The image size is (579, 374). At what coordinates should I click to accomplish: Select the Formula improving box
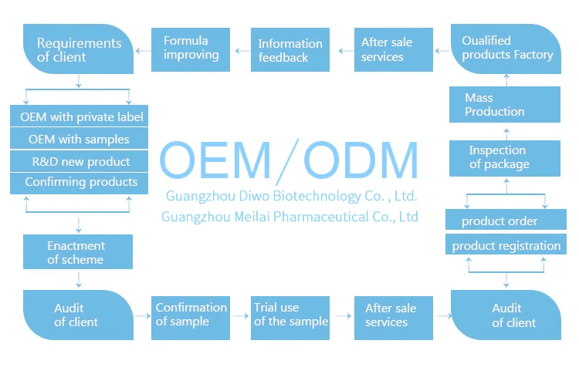pyautogui.click(x=191, y=49)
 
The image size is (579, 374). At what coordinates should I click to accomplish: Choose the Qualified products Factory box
pyautogui.click(x=506, y=48)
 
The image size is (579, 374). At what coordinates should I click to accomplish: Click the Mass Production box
pyautogui.click(x=505, y=105)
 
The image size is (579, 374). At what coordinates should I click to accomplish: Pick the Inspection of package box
pyautogui.click(x=505, y=157)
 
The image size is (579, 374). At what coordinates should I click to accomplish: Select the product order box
pyautogui.click(x=505, y=221)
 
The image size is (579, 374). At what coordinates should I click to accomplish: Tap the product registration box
pyautogui.click(x=506, y=246)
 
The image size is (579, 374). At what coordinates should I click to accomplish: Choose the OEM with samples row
pyautogui.click(x=79, y=140)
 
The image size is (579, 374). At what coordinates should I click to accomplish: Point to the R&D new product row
pyautogui.click(x=79, y=161)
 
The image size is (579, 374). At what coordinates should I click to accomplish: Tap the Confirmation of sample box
pyautogui.click(x=191, y=315)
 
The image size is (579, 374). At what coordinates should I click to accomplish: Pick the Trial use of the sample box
pyautogui.click(x=290, y=315)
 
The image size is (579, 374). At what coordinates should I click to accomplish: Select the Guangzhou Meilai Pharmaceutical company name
pyautogui.click(x=289, y=217)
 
